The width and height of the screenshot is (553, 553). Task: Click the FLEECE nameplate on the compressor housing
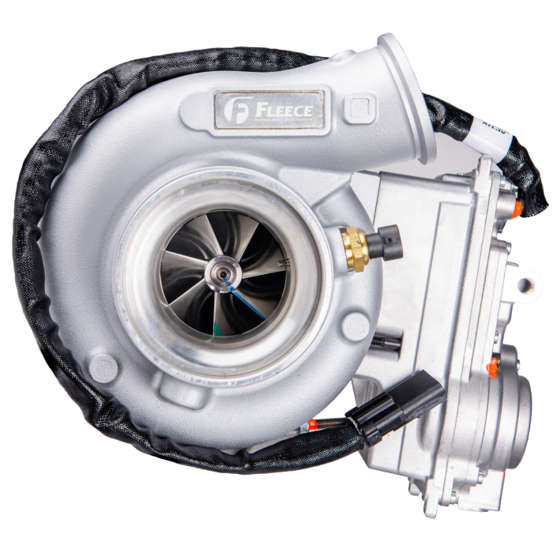269,110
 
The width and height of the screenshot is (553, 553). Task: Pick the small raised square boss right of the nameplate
360,105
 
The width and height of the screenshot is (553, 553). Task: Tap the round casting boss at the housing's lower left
102,366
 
